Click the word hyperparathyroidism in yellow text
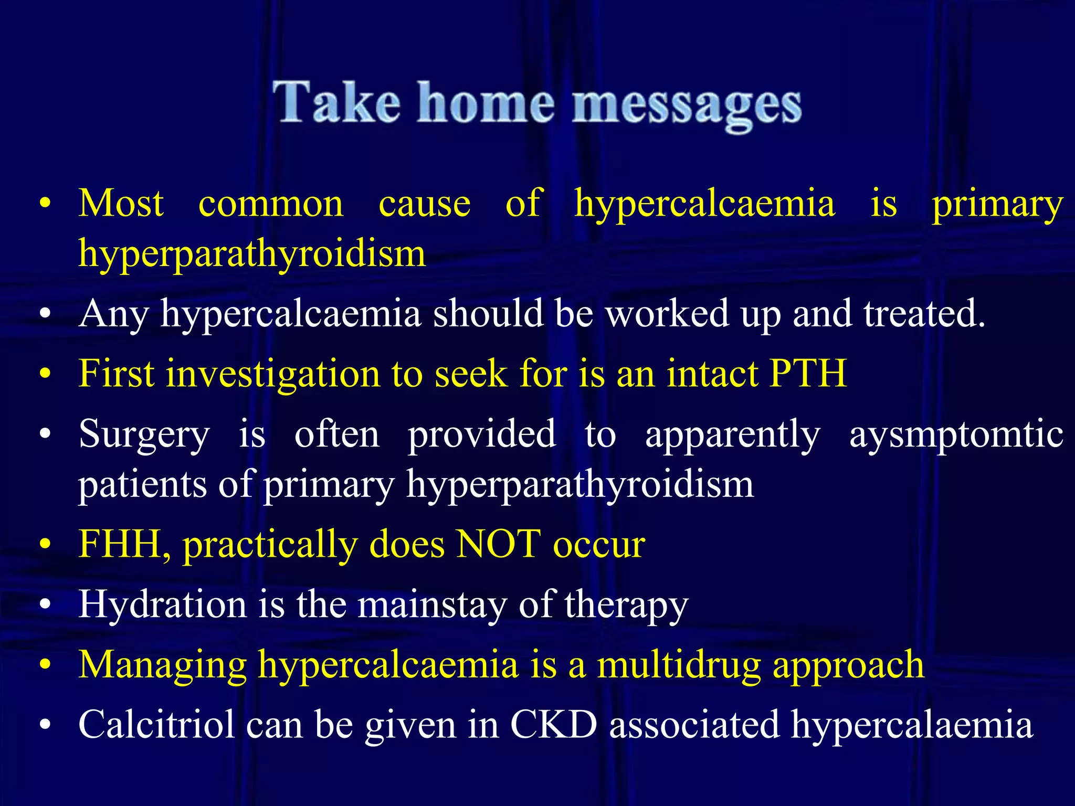(252, 253)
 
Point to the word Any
(113, 314)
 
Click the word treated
(924, 313)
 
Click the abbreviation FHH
(124, 544)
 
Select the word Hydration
(162, 604)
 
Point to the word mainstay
(432, 604)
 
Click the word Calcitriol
(156, 725)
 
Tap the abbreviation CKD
(553, 725)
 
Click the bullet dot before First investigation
(46, 374)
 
